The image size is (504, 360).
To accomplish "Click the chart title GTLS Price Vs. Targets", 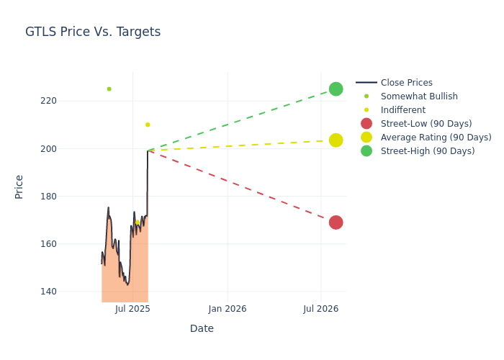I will tap(93, 32).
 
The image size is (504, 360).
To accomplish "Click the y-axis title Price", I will tap(19, 186).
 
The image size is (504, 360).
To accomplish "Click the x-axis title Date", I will tap(202, 328).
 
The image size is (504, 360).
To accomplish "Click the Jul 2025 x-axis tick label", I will tap(132, 309).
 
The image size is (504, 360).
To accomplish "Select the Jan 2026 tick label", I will tap(228, 309).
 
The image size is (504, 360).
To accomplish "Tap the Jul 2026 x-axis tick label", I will tap(321, 309).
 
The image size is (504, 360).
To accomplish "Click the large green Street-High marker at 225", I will tap(336, 89).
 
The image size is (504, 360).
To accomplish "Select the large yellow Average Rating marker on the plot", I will tap(336, 140).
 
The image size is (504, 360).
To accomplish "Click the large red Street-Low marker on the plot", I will tap(336, 222).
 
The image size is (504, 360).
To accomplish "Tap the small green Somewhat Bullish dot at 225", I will tap(109, 89).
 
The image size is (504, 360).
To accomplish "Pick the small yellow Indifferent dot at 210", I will tap(148, 125).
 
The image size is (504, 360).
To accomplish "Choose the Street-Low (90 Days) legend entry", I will tap(426, 124).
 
